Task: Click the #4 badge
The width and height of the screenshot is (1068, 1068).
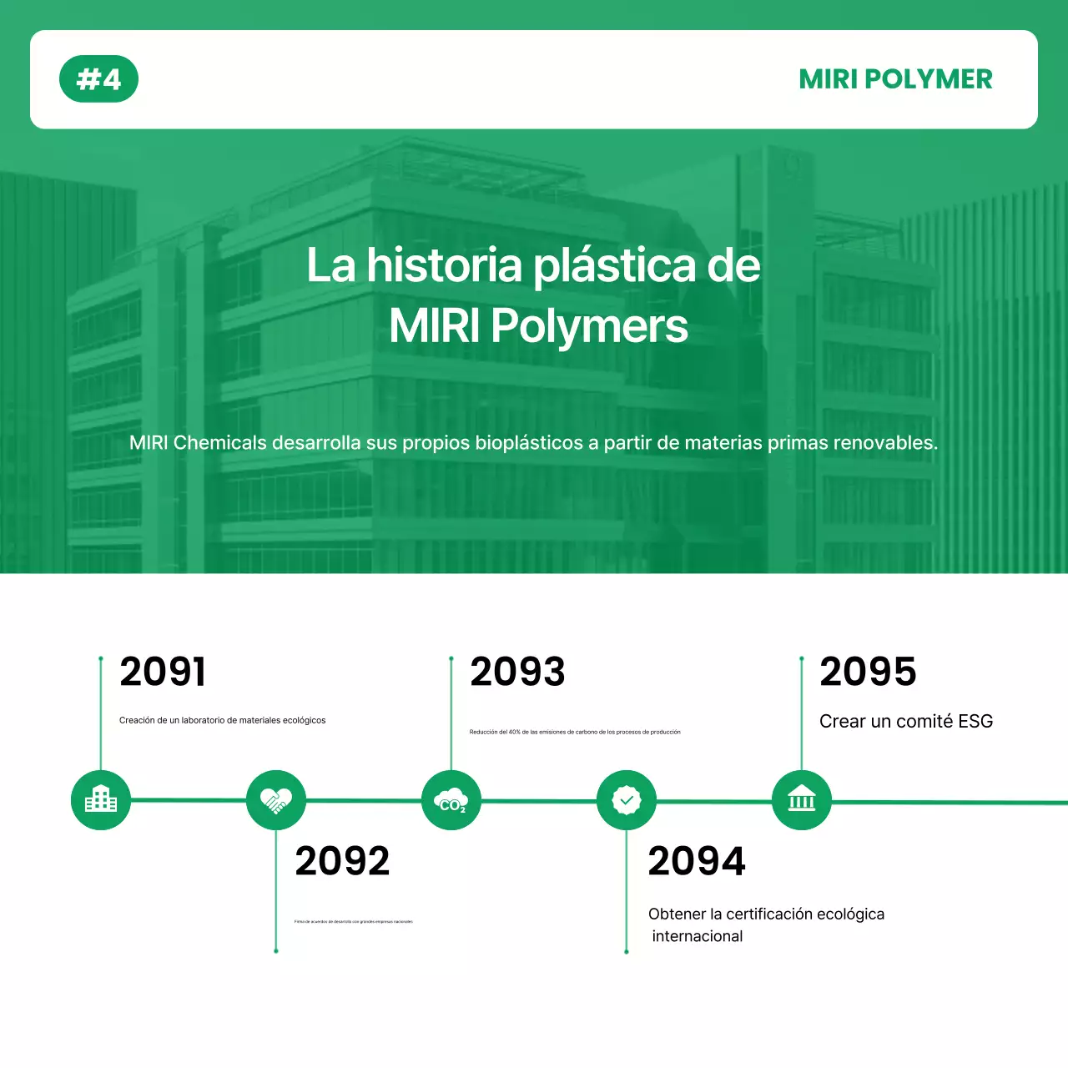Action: point(98,79)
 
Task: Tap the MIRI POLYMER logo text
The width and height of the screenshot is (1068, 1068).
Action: point(895,79)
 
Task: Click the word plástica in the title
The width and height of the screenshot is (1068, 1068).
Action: point(614,266)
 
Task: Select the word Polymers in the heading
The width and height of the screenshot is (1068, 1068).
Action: point(589,326)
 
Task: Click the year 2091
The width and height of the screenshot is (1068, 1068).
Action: point(163,673)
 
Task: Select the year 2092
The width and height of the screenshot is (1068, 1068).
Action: point(342,861)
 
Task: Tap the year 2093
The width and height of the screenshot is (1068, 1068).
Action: point(517,673)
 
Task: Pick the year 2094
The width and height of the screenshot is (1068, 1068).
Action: point(697,861)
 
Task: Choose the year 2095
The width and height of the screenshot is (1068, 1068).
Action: point(868,673)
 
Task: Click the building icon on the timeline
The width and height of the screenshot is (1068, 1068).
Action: point(101,800)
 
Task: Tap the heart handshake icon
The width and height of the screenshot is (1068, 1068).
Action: point(276,800)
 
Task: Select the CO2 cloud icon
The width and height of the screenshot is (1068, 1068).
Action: point(451,800)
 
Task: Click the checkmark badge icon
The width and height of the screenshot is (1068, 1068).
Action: point(627,800)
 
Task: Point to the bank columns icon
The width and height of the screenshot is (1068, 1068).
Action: point(802,800)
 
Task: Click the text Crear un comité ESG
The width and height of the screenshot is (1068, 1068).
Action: point(906,722)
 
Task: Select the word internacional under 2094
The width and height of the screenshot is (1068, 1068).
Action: point(698,936)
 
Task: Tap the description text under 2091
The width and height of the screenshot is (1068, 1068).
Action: point(222,720)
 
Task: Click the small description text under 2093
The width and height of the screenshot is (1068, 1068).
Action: point(575,732)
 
